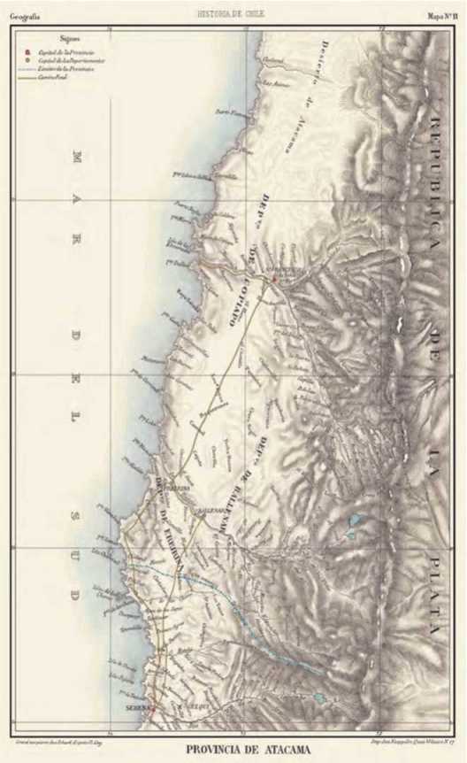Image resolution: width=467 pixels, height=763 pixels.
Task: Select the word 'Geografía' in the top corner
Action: point(27,16)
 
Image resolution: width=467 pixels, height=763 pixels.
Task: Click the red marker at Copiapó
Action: point(275,279)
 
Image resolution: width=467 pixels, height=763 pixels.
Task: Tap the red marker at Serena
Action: point(152,707)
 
